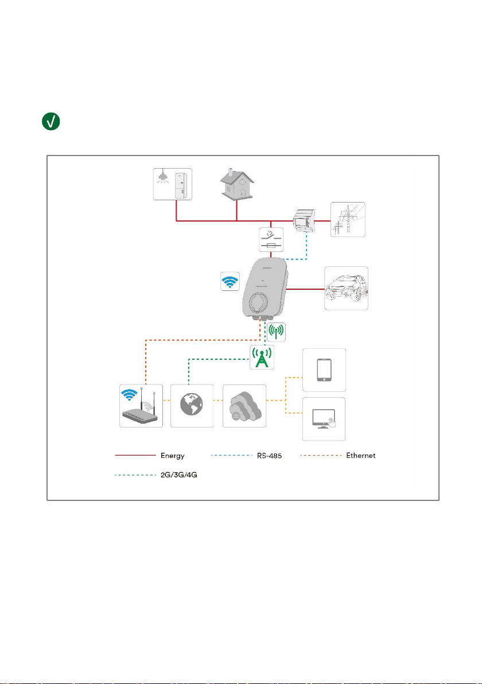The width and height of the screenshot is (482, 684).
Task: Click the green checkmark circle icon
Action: pos(51,121)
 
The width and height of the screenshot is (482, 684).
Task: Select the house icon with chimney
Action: pos(237,184)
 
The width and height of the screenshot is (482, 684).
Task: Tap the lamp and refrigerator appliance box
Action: pos(173,184)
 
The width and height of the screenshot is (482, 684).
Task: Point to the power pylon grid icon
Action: pos(348,219)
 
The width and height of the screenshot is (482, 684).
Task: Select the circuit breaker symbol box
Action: pos(271,239)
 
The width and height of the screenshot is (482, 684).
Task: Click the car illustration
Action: pos(347,288)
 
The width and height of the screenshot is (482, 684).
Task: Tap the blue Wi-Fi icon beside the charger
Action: pos(230,281)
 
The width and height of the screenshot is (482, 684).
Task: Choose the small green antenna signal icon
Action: pos(276,332)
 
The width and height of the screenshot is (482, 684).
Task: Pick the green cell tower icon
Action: pos(262,357)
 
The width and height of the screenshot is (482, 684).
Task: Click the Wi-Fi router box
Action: pos(141,406)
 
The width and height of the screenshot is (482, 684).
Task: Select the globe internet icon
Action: pos(192,406)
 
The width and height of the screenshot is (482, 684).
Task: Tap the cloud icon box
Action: pos(244,406)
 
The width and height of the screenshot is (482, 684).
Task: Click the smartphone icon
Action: pos(324,370)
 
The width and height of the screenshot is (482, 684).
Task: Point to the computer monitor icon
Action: pos(324,419)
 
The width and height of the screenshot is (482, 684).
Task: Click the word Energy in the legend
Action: pos(173,456)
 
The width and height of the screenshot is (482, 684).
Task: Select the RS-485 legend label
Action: pos(269,456)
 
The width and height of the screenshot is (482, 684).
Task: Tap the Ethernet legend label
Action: pos(361,456)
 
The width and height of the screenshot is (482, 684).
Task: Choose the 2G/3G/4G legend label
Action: pos(179,475)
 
